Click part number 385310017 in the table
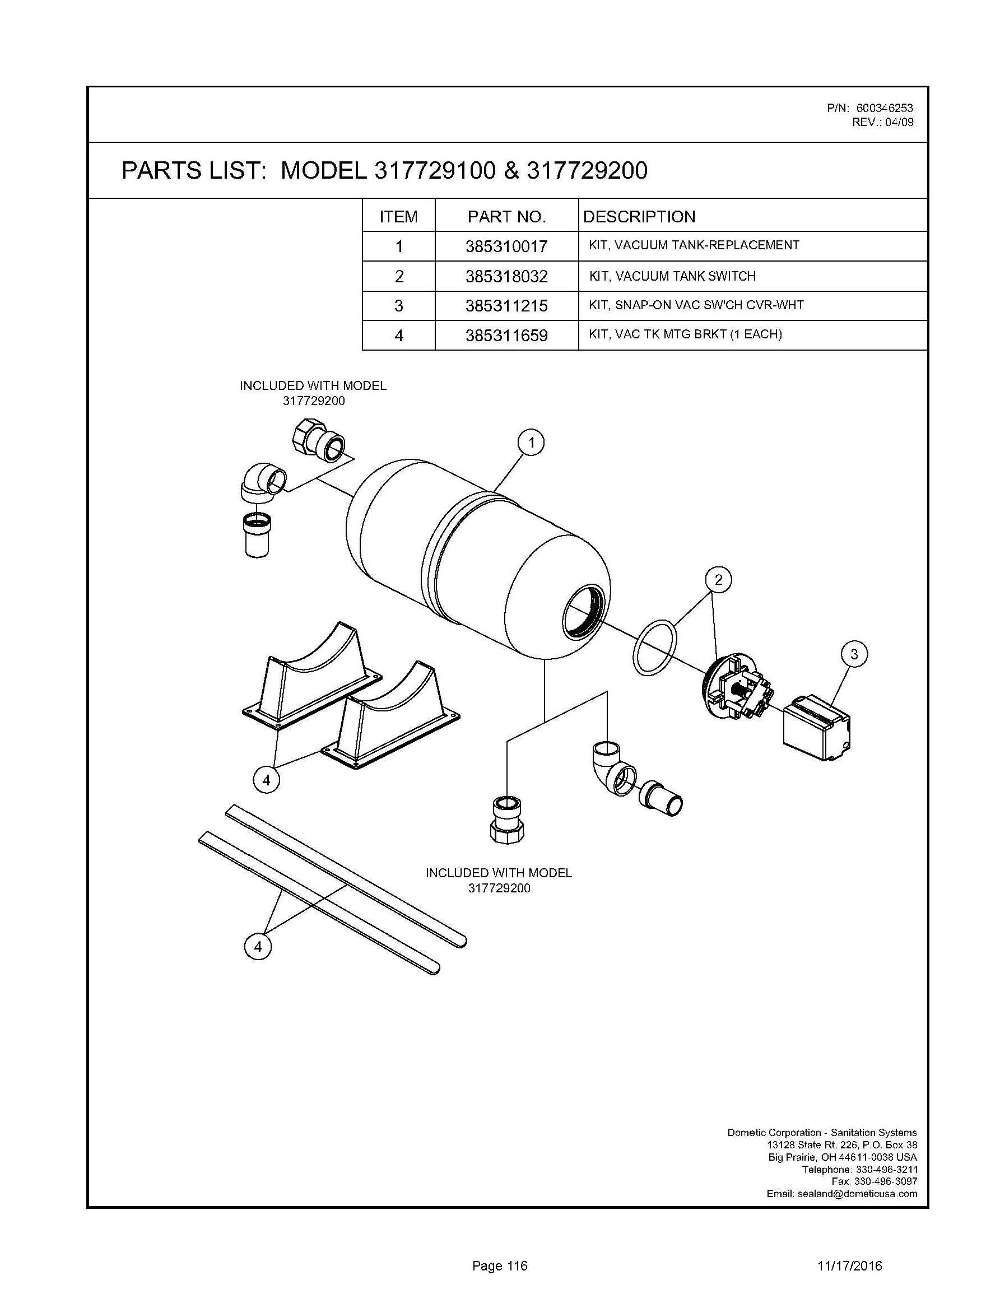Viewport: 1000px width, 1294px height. (506, 246)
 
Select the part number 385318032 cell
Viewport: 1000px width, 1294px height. (506, 277)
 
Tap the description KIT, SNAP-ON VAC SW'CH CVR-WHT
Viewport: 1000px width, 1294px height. (696, 305)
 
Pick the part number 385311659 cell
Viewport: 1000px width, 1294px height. (506, 336)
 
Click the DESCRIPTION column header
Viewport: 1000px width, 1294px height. (639, 217)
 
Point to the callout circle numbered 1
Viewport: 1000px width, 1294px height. (532, 443)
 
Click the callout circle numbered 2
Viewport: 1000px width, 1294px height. (718, 579)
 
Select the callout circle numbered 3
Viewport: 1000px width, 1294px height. (854, 654)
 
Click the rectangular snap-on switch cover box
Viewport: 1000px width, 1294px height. (816, 727)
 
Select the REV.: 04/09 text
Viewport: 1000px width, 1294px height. (883, 123)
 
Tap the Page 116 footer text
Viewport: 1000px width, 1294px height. (499, 1266)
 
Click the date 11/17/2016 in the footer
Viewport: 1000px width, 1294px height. (849, 1266)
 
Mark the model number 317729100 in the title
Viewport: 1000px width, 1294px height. (434, 171)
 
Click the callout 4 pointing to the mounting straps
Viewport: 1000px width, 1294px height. (258, 947)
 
